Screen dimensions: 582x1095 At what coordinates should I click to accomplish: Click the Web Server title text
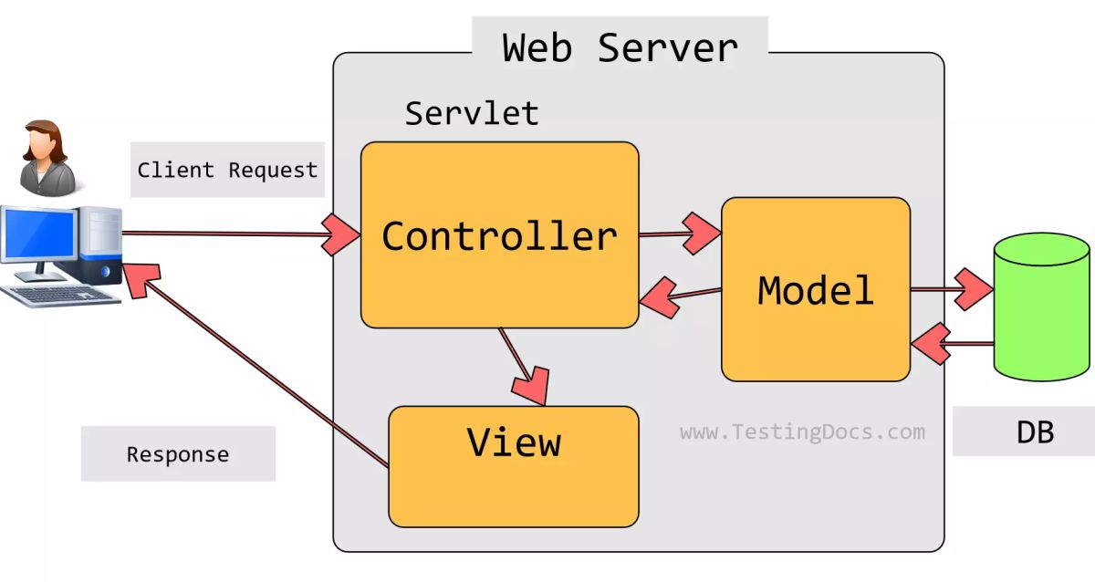pyautogui.click(x=620, y=47)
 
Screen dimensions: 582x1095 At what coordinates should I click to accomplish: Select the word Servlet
pyautogui.click(x=472, y=113)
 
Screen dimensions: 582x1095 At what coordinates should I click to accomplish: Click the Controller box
pyautogui.click(x=499, y=235)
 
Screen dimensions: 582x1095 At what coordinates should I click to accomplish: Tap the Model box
pyautogui.click(x=815, y=289)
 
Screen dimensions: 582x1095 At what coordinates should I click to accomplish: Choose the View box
pyautogui.click(x=514, y=465)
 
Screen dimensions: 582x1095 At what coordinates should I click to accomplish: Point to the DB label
pyautogui.click(x=1035, y=431)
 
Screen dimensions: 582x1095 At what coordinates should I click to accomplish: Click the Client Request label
pyautogui.click(x=227, y=170)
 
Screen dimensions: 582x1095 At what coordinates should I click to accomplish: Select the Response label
pyautogui.click(x=178, y=453)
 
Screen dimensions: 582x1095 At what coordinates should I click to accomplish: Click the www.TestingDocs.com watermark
pyautogui.click(x=802, y=431)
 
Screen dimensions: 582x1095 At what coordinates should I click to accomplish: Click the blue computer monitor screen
pyautogui.click(x=38, y=234)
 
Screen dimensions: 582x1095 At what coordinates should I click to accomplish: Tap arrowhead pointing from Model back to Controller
pyautogui.click(x=659, y=296)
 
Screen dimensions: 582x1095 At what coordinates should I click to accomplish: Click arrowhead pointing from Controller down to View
pyautogui.click(x=532, y=383)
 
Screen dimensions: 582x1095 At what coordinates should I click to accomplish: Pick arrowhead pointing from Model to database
pyautogui.click(x=974, y=290)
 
